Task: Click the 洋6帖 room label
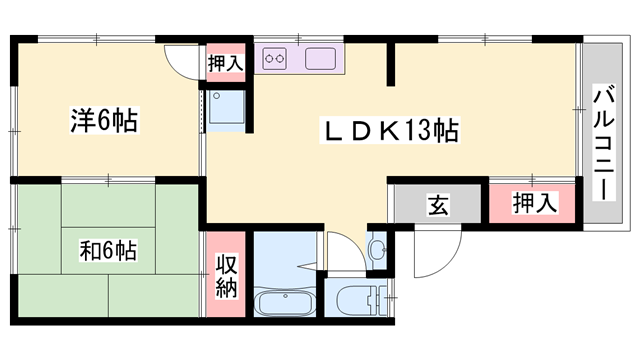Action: click(104, 120)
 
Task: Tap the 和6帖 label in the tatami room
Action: click(108, 250)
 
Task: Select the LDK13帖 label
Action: click(390, 131)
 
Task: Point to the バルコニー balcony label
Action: click(604, 143)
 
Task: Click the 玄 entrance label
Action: click(438, 205)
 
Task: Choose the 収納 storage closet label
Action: click(226, 276)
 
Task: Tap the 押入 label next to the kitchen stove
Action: click(225, 63)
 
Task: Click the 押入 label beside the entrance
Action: click(534, 203)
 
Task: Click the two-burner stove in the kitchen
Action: click(274, 59)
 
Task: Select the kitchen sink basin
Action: click(320, 59)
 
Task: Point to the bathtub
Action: click(284, 302)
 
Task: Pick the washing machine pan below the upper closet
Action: click(227, 107)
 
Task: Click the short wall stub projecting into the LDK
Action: click(391, 64)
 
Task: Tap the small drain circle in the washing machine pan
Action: click(217, 96)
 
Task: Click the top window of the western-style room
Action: click(97, 40)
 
